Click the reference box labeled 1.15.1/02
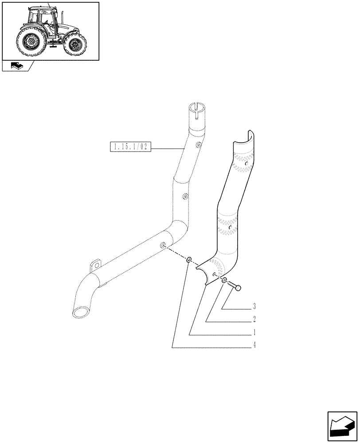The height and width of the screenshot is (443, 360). point(130,147)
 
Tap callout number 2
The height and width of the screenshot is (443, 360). point(255,319)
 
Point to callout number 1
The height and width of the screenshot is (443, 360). point(255,332)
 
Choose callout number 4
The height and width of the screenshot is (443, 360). point(255,345)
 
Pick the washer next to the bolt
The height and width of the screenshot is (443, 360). point(225,280)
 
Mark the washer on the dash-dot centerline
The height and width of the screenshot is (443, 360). point(189,260)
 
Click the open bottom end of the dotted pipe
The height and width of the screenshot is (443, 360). point(81,312)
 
